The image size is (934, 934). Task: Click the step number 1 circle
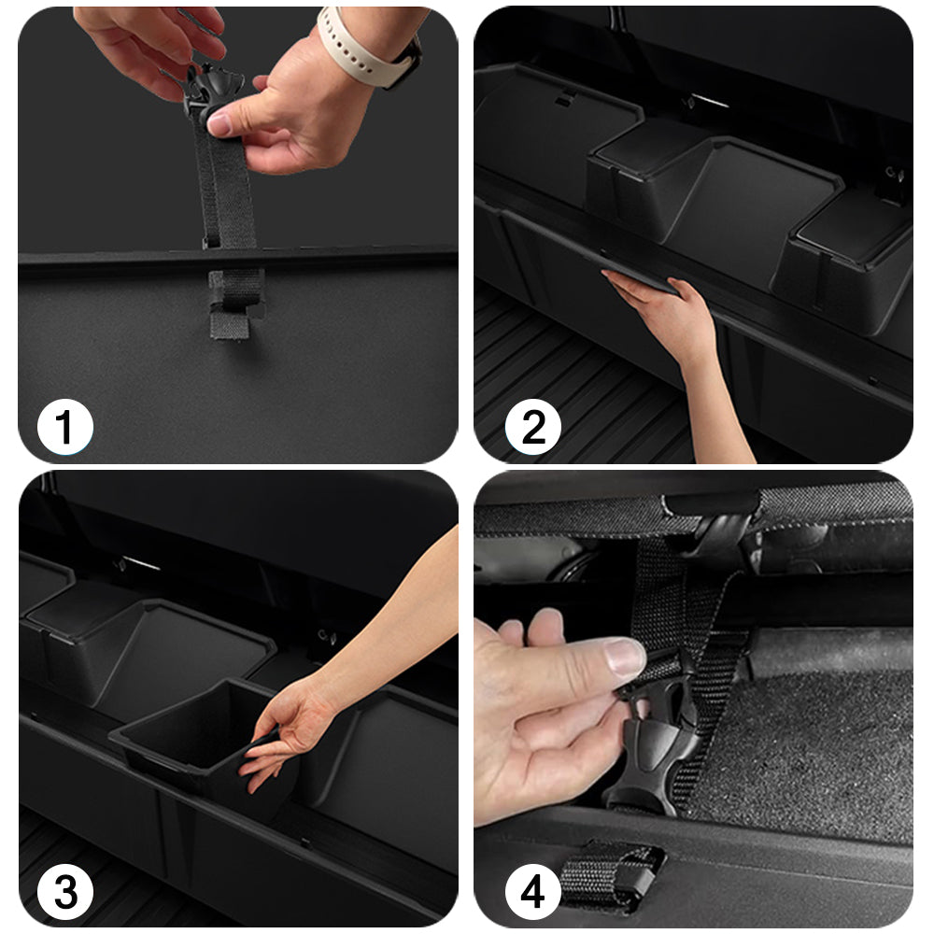[65, 427]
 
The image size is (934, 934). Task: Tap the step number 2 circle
[532, 427]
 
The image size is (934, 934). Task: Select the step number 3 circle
[65, 892]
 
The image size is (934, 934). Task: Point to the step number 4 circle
[532, 892]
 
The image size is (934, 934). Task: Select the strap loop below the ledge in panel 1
[234, 303]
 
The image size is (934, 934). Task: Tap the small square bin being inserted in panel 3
[196, 739]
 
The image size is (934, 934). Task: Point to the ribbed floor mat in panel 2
[584, 381]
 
